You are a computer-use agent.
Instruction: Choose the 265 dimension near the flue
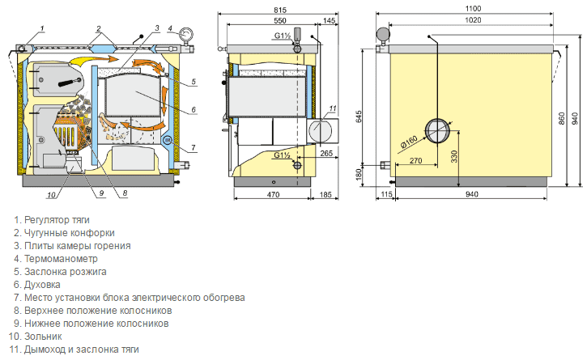tap(325, 152)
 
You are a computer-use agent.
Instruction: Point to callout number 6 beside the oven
tap(194, 110)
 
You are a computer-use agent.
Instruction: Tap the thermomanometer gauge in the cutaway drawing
tap(186, 34)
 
